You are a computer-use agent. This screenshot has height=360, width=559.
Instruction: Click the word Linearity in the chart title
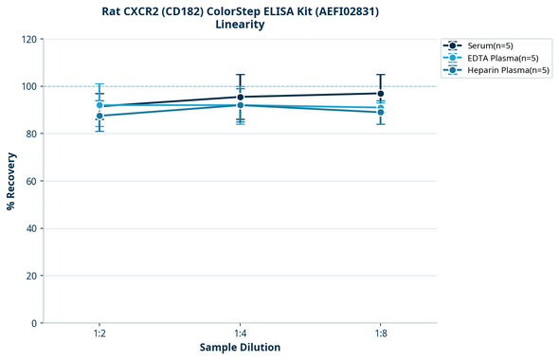240,25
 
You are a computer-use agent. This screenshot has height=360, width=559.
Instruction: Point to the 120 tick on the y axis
29,39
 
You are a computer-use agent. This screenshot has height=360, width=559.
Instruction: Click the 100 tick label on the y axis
29,86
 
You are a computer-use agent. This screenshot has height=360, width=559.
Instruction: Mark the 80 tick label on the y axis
32,134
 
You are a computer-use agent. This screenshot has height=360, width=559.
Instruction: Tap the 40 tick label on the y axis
32,228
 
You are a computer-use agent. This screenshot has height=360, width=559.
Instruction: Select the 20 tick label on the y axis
32,276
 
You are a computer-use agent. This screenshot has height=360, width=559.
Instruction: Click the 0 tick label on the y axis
35,323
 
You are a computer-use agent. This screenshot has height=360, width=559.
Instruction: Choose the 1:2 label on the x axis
99,334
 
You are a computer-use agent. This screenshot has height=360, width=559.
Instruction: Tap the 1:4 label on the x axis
240,334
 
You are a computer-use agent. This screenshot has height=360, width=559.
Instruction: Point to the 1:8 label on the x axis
380,334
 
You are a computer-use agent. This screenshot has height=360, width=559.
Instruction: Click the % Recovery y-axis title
11,181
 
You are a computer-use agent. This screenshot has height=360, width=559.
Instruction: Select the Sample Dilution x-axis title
240,348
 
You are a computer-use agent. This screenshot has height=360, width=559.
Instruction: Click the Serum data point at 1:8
380,93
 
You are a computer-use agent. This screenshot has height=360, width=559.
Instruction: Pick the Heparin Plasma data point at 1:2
99,116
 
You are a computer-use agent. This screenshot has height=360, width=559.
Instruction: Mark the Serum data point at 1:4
240,97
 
